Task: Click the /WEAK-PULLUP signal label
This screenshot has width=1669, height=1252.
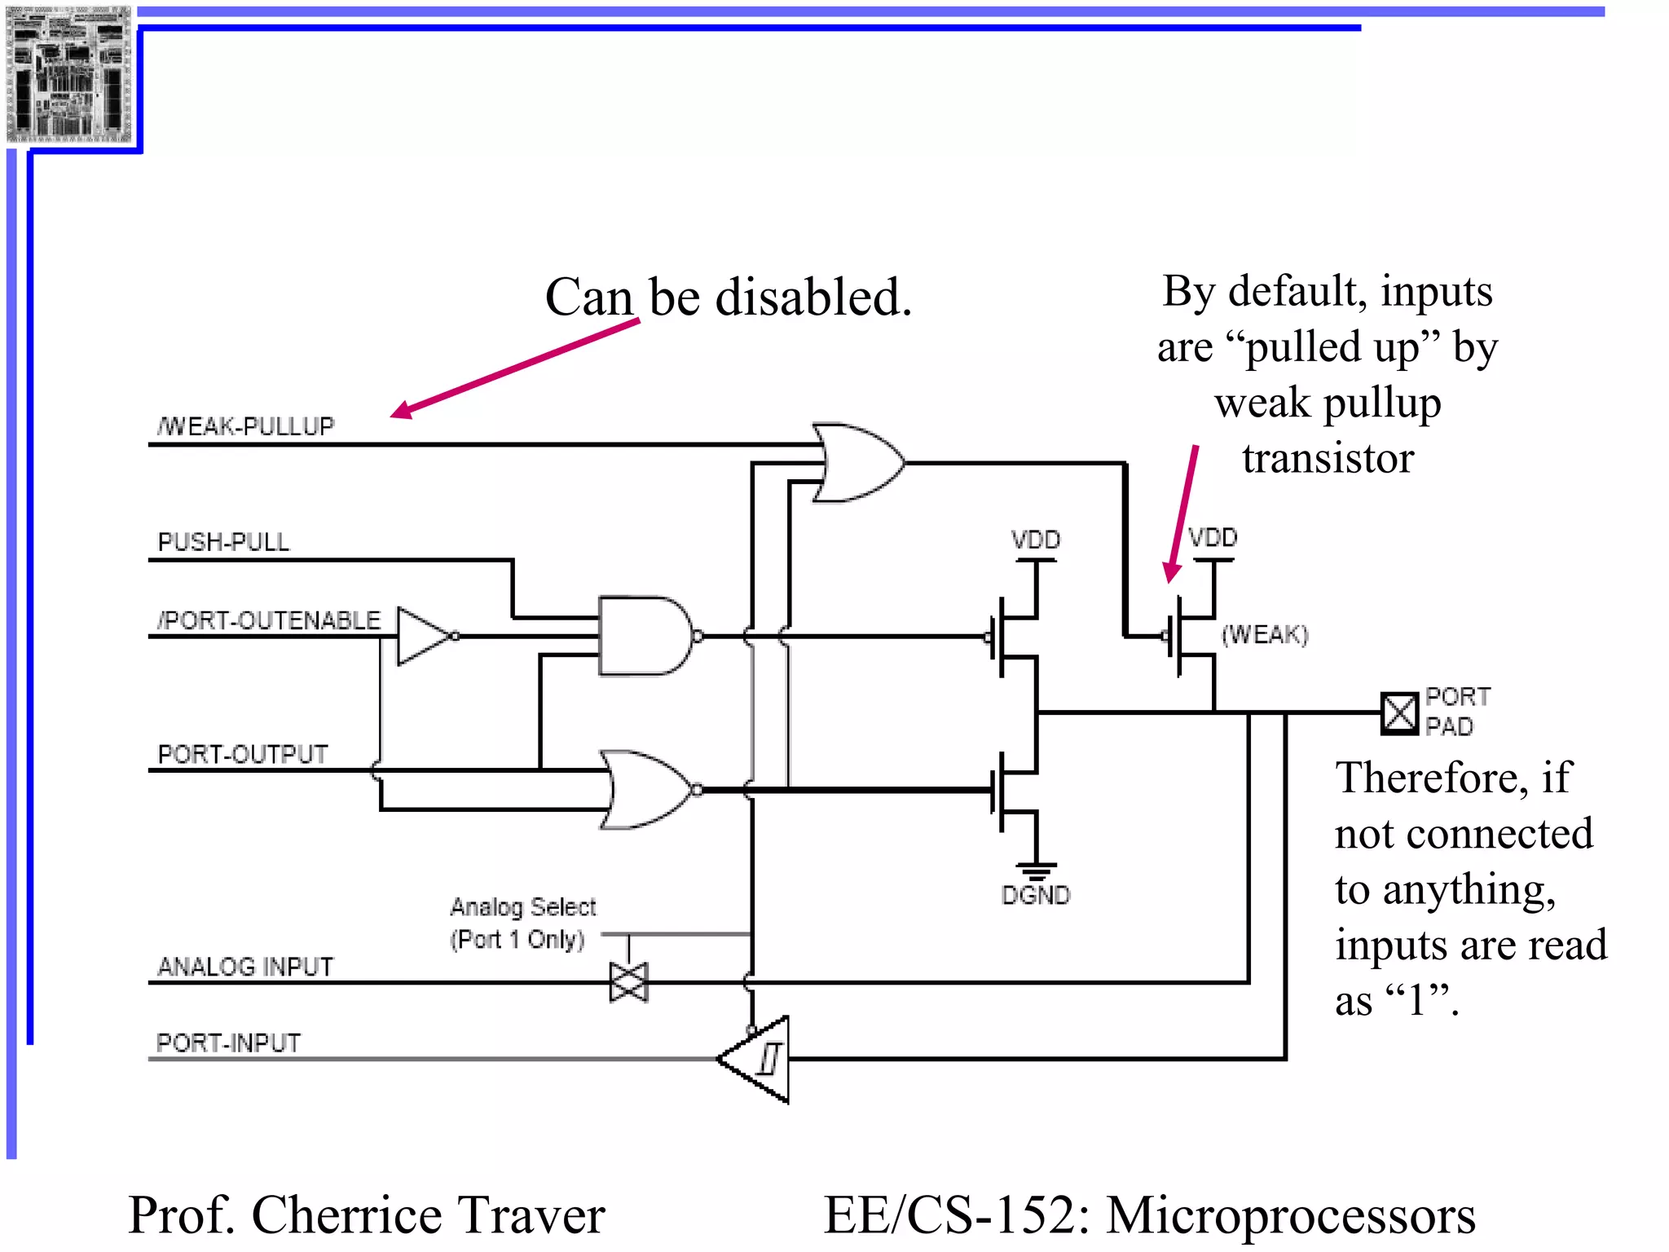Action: point(245,426)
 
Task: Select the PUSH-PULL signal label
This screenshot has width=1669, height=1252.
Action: point(223,542)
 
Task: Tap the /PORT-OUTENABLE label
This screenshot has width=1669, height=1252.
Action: point(269,620)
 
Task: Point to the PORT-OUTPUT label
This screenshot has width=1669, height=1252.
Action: point(243,754)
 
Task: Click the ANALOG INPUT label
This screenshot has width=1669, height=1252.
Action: point(245,967)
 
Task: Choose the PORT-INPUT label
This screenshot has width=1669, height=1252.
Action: point(228,1043)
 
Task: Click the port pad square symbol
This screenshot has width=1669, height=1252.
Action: point(1399,713)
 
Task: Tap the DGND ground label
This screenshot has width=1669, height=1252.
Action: point(1035,895)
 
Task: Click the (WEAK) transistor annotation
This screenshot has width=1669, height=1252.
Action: point(1264,634)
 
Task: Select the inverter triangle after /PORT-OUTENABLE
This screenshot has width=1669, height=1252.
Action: point(424,636)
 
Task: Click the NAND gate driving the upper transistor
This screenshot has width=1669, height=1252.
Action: point(644,636)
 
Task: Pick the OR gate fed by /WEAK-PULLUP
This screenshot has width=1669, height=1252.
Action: point(856,462)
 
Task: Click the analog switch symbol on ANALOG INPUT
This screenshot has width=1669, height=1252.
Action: point(628,982)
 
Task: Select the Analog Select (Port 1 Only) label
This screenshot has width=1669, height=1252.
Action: point(522,923)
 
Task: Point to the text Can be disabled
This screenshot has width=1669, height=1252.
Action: point(728,297)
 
